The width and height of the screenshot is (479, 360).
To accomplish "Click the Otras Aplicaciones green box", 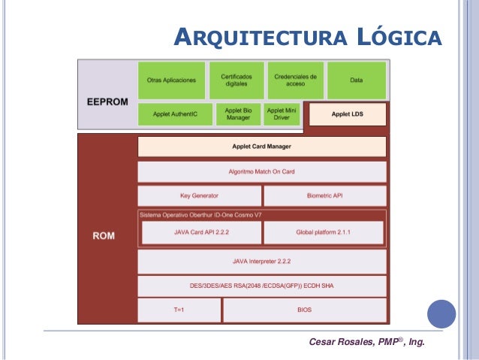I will [x=171, y=80].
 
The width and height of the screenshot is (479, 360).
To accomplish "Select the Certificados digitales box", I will [x=235, y=80].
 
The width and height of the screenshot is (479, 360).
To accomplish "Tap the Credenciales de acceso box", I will [x=295, y=80].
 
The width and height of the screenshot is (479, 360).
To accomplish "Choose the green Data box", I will [x=357, y=80].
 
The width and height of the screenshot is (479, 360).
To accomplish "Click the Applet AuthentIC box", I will [x=174, y=114].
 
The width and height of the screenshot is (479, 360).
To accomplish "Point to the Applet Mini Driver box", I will [x=282, y=114].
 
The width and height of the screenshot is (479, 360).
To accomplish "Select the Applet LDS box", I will [x=348, y=114].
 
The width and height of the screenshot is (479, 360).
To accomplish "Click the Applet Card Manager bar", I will [x=261, y=147].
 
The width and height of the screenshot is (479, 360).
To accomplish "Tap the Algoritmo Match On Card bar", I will [x=261, y=171].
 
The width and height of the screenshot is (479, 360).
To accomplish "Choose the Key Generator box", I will [x=199, y=196].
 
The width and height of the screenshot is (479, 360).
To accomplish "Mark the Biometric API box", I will [x=325, y=196].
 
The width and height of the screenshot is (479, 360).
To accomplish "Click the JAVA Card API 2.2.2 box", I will [x=201, y=233].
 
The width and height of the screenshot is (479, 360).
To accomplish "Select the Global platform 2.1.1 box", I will [x=323, y=233].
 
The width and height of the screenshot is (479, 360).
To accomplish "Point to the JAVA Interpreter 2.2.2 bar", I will [x=261, y=261].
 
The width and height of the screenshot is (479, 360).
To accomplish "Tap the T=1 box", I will [x=179, y=310].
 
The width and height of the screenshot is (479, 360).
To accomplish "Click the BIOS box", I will [x=304, y=310].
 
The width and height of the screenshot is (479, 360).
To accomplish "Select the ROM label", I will [x=104, y=236].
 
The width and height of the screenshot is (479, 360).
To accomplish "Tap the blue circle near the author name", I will [x=441, y=315].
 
